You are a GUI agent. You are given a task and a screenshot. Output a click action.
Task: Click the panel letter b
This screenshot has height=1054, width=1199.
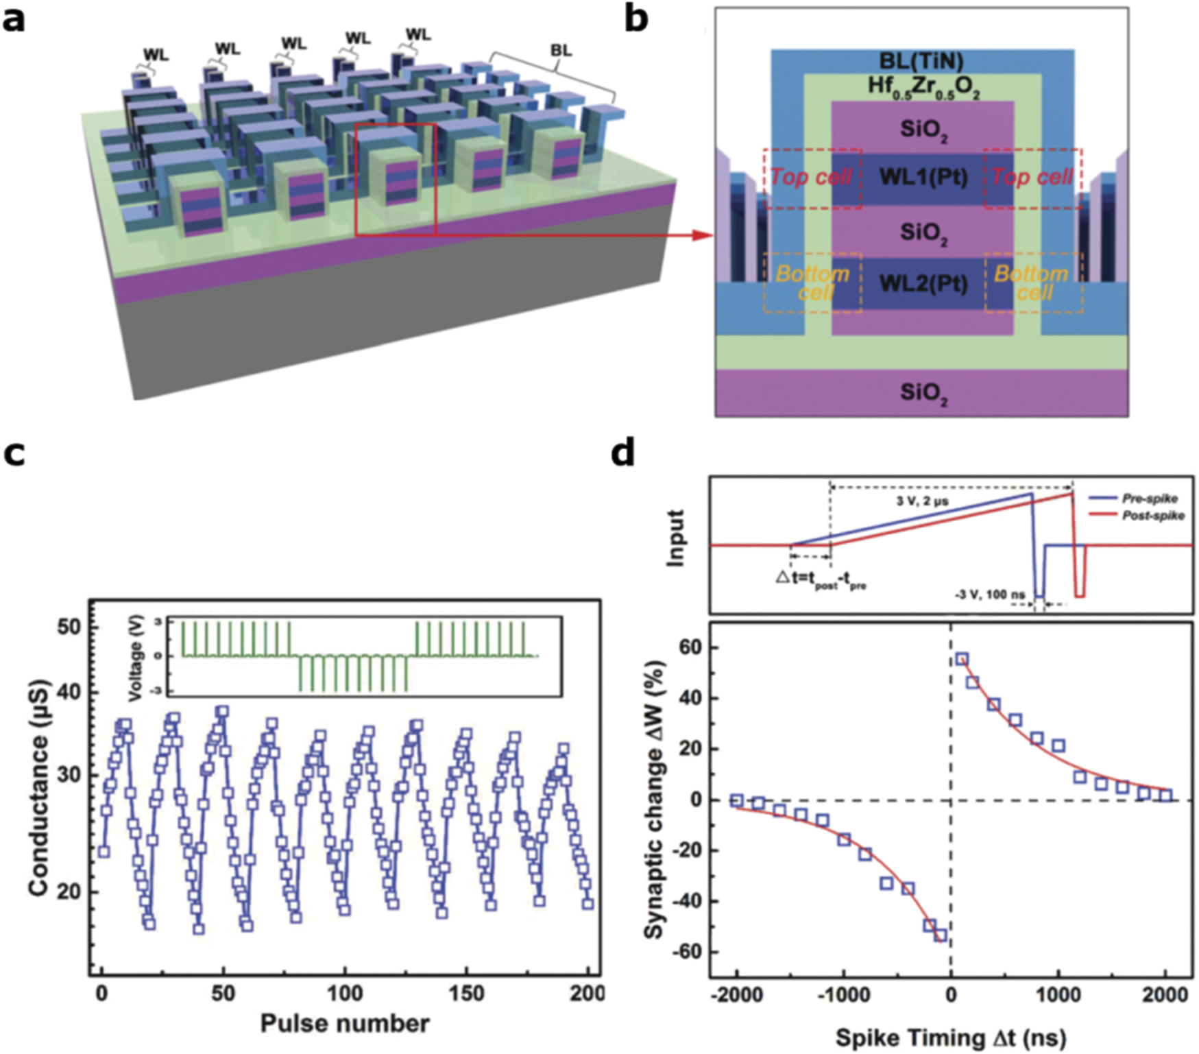[x=635, y=21]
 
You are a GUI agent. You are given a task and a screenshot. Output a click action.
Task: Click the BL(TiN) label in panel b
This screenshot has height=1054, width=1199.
[x=921, y=61]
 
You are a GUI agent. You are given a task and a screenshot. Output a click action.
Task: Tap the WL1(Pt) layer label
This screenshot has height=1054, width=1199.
[x=923, y=177]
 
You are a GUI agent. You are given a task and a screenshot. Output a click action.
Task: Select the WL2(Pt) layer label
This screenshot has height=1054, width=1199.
[x=923, y=283]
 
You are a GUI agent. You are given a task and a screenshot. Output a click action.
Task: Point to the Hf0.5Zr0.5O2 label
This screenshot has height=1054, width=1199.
[x=923, y=87]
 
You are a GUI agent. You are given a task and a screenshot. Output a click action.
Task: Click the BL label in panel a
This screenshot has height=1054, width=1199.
[x=561, y=51]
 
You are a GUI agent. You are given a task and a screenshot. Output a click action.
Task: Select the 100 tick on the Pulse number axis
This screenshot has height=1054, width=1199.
[x=344, y=994]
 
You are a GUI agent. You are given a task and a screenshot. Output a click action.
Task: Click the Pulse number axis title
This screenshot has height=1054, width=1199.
[x=345, y=1024]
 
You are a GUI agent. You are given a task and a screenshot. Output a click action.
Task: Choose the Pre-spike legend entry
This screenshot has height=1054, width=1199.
[x=1149, y=499]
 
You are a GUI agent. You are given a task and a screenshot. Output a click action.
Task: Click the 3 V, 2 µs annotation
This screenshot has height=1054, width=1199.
[x=922, y=501]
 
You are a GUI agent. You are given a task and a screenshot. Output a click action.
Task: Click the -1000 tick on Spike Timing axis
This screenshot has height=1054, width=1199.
[x=843, y=994]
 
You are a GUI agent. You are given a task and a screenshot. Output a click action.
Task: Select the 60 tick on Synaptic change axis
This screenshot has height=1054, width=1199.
[x=688, y=647]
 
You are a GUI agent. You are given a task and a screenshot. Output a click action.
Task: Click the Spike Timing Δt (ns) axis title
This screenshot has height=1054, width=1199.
[x=950, y=1038]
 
